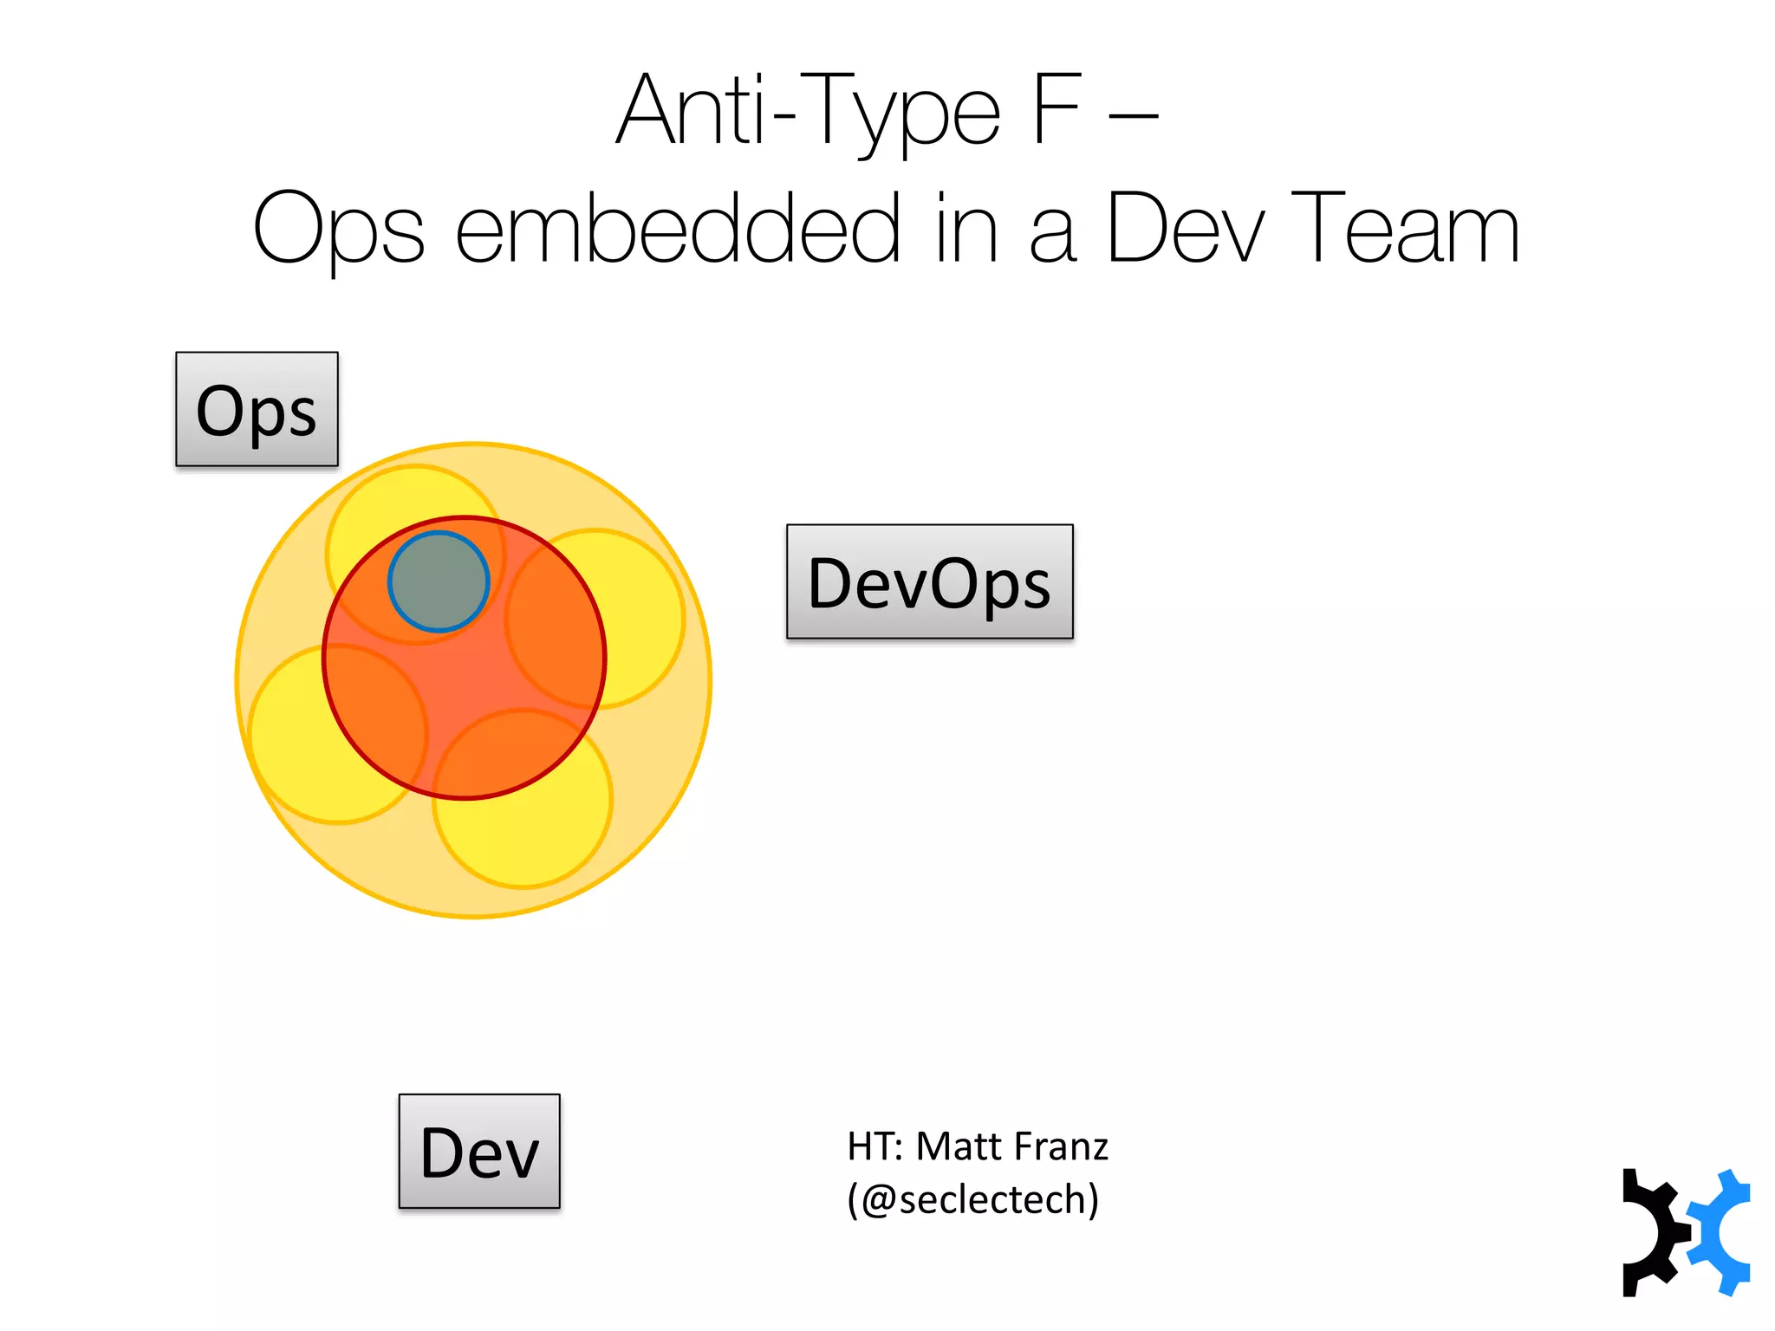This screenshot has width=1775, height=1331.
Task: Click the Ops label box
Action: click(257, 409)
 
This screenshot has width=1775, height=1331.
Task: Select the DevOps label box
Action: click(929, 581)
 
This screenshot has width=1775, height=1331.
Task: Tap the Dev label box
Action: click(479, 1151)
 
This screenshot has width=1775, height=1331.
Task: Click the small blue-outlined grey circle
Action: click(439, 581)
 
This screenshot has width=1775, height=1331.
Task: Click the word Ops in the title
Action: click(339, 229)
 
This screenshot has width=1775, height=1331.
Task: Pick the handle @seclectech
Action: click(972, 1199)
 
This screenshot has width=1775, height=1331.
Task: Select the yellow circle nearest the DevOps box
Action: click(641, 607)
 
